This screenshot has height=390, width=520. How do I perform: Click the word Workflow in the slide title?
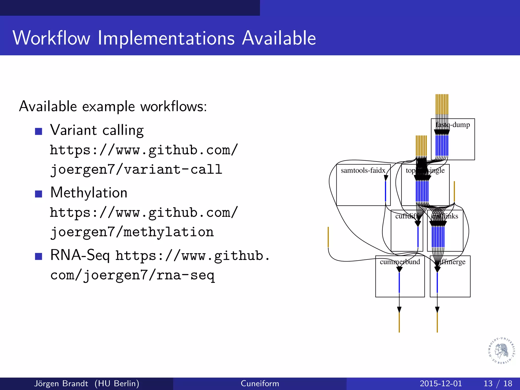[x=52, y=38]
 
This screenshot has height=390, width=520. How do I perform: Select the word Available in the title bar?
[x=279, y=38]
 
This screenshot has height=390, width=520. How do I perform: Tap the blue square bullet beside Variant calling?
[x=39, y=131]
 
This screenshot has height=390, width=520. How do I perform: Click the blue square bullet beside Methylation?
[x=39, y=194]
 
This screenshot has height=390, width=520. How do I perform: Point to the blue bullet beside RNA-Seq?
[x=39, y=256]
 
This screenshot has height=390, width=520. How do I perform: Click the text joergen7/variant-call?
[x=136, y=169]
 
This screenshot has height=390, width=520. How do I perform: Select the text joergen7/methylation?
[x=132, y=232]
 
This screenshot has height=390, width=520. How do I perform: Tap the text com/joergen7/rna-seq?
[x=133, y=275]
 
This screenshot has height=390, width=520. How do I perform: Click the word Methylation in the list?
[x=89, y=192]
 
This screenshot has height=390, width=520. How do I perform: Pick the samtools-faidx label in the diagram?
[x=363, y=170]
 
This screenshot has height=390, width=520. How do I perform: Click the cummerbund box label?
[x=400, y=262]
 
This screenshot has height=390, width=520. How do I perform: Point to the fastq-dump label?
[x=453, y=125]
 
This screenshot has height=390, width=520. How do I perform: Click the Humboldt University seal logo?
[x=501, y=351]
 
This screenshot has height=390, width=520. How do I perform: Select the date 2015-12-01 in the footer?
[x=441, y=383]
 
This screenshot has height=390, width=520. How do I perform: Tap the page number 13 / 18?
[x=498, y=383]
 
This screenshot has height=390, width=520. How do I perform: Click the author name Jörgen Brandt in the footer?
[x=61, y=383]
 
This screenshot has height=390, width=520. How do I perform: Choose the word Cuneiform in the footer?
[x=260, y=383]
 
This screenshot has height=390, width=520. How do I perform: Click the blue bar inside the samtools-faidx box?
[x=385, y=191]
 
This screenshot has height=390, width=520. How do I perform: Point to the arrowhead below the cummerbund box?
[x=399, y=310]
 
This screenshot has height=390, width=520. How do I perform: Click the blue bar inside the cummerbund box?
[x=399, y=282]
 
